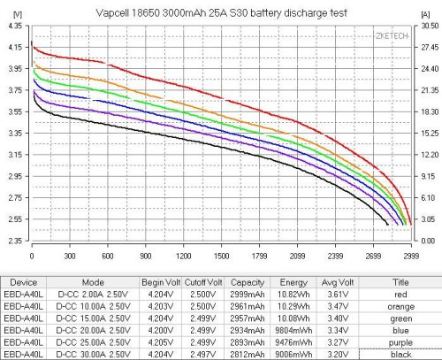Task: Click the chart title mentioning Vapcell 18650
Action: click(220, 11)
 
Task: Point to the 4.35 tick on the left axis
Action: click(16, 27)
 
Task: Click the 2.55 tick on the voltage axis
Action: click(16, 218)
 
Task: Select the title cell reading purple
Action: click(398, 341)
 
